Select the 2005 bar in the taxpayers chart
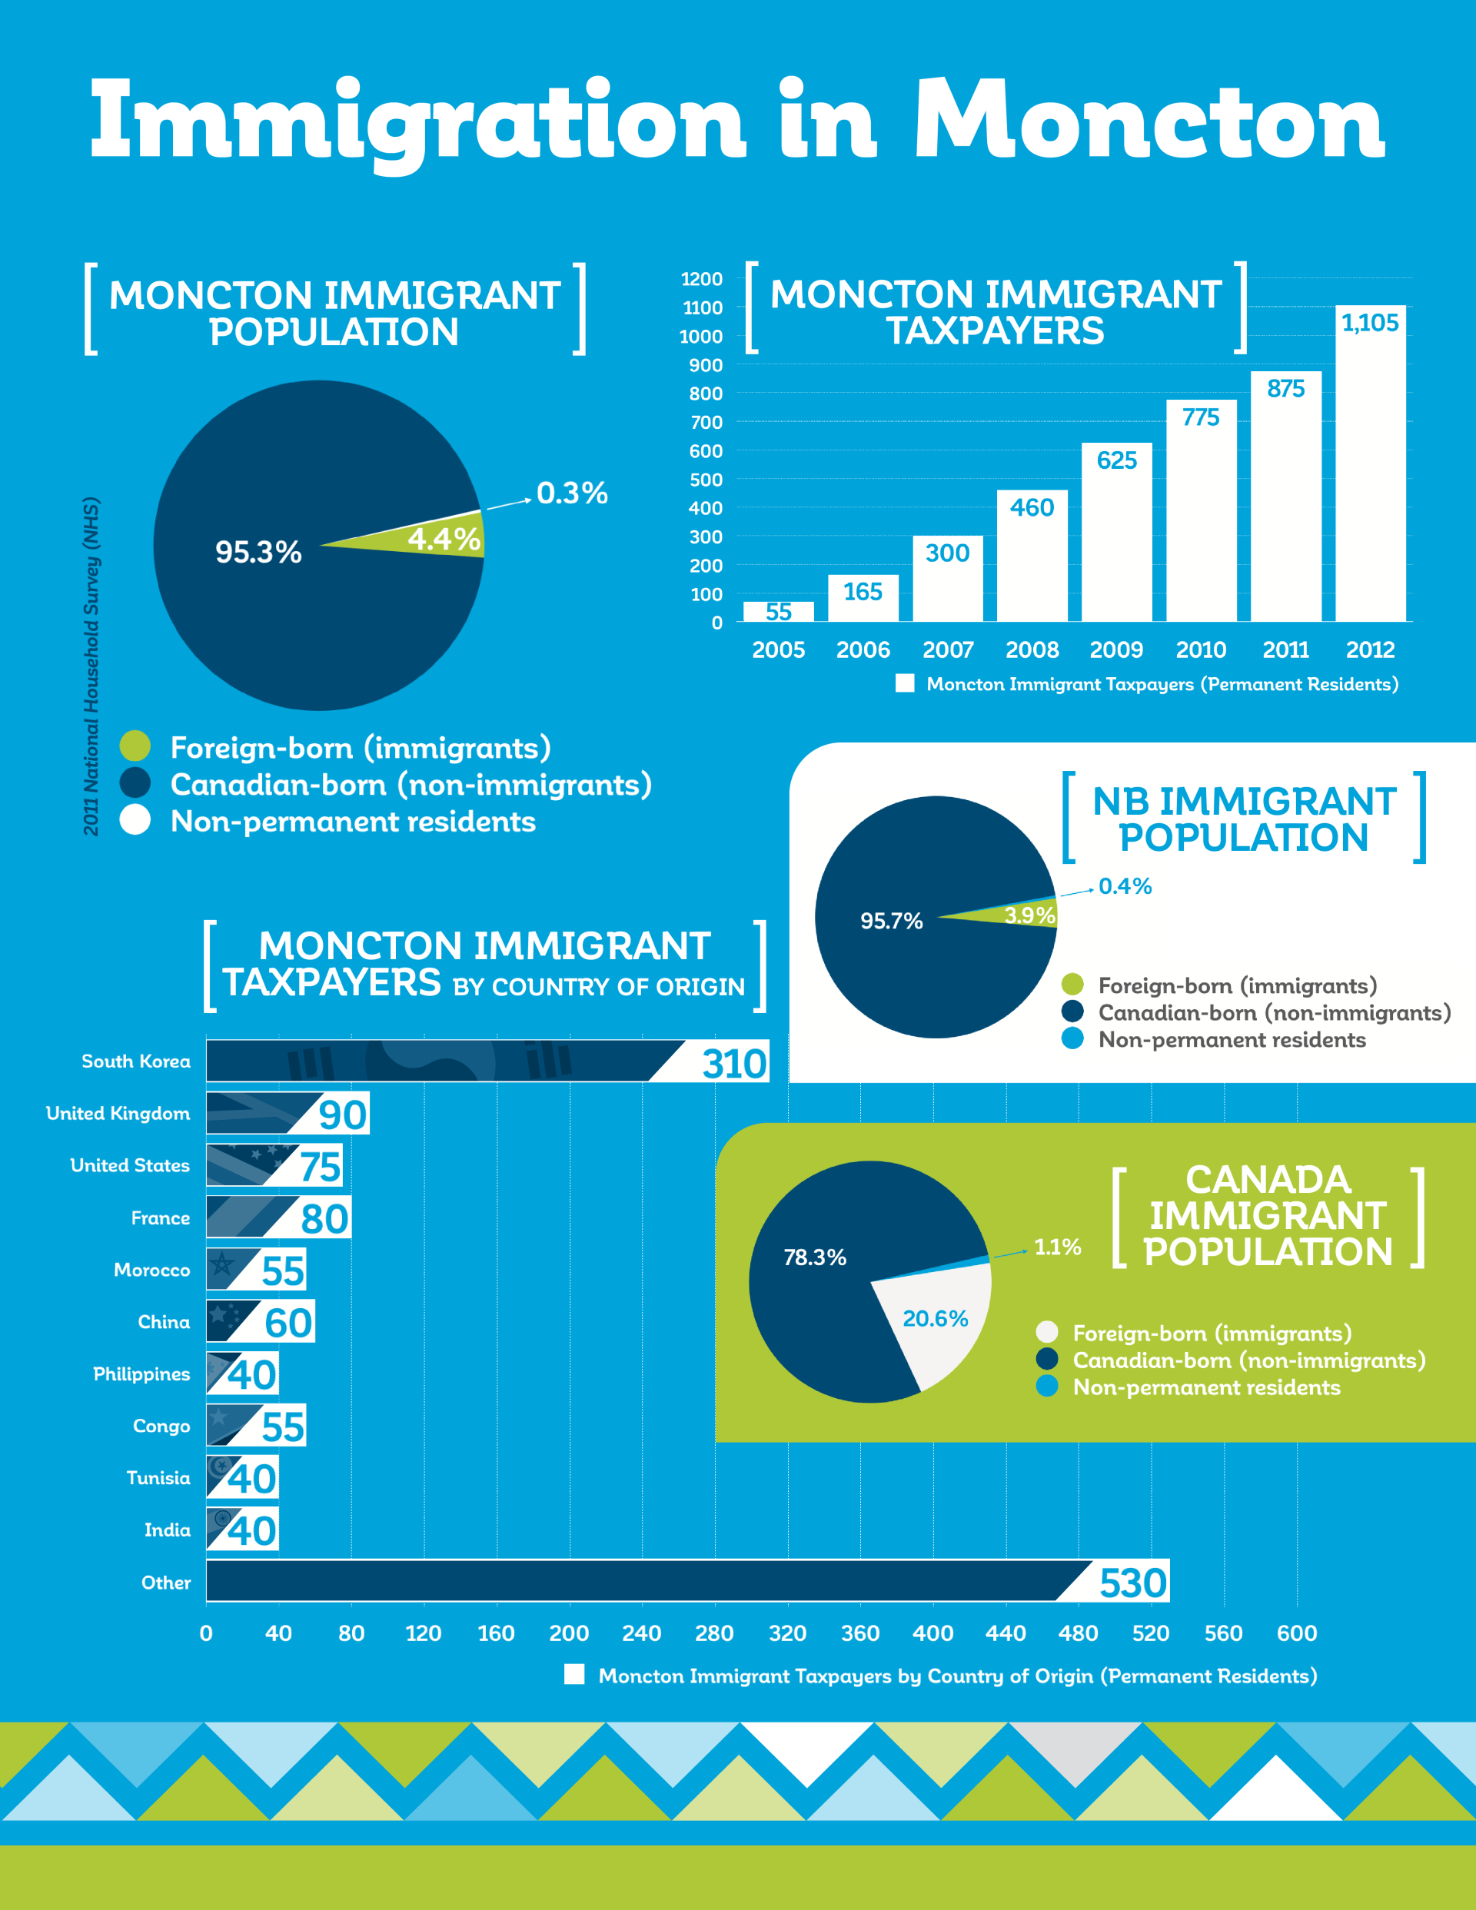[778, 611]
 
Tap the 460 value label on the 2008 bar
[1032, 507]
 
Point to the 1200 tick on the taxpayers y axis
[702, 279]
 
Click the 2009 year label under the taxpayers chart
[1115, 649]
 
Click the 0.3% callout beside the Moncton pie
[572, 493]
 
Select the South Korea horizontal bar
[446, 1061]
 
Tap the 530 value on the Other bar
[1133, 1583]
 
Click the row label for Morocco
[151, 1270]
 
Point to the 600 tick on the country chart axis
[1296, 1633]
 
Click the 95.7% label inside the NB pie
[891, 921]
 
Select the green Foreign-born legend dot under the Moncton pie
[135, 746]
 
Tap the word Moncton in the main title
[1148, 121]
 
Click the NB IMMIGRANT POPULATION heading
[1243, 819]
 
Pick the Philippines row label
[141, 1374]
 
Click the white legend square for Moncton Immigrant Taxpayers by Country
[574, 1674]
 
